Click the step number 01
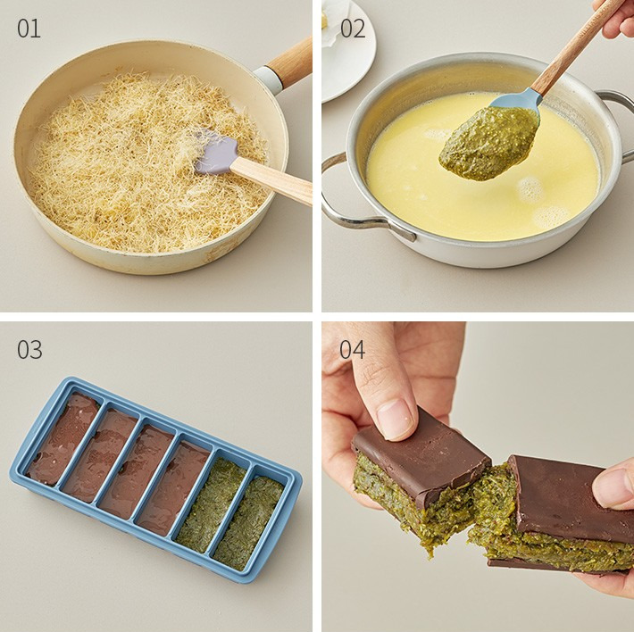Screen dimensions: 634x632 (29, 29)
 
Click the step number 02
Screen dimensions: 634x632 (353, 29)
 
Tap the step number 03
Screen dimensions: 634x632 (29, 350)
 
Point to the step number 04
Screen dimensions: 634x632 (352, 350)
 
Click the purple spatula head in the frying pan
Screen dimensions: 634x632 (215, 153)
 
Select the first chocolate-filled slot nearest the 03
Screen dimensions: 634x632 (63, 438)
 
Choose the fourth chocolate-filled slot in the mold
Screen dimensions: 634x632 (173, 486)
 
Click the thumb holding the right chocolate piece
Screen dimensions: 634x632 (613, 484)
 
